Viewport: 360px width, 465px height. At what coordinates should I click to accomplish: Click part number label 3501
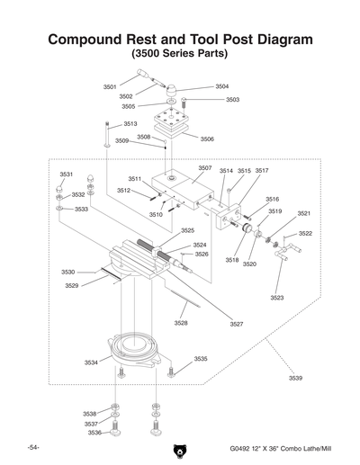[x=110, y=86]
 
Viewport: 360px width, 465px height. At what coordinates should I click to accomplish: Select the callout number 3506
[x=207, y=139]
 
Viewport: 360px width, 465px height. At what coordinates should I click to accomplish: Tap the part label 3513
[x=130, y=123]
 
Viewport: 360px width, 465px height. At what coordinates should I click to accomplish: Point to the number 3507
[x=205, y=168]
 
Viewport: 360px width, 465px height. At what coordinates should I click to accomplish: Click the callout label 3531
[x=67, y=174]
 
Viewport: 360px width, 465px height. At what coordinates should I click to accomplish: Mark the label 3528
[x=181, y=323]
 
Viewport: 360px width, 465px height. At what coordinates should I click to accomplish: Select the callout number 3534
[x=91, y=362]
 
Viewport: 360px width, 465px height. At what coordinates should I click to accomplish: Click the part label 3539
[x=295, y=379]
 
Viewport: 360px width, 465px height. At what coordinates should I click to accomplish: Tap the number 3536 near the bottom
[x=94, y=433]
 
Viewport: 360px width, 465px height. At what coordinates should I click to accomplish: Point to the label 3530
[x=68, y=272]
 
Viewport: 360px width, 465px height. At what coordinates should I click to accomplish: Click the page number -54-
[x=32, y=447]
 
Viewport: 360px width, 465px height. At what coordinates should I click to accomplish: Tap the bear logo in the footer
[x=180, y=450]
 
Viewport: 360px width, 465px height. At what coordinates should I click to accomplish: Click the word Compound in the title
[x=85, y=40]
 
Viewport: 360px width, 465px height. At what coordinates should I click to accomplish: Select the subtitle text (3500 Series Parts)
[x=180, y=55]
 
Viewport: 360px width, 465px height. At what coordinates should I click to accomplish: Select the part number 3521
[x=304, y=213]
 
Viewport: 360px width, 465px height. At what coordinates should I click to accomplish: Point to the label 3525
[x=187, y=230]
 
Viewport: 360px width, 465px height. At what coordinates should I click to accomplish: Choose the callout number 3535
[x=201, y=358]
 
